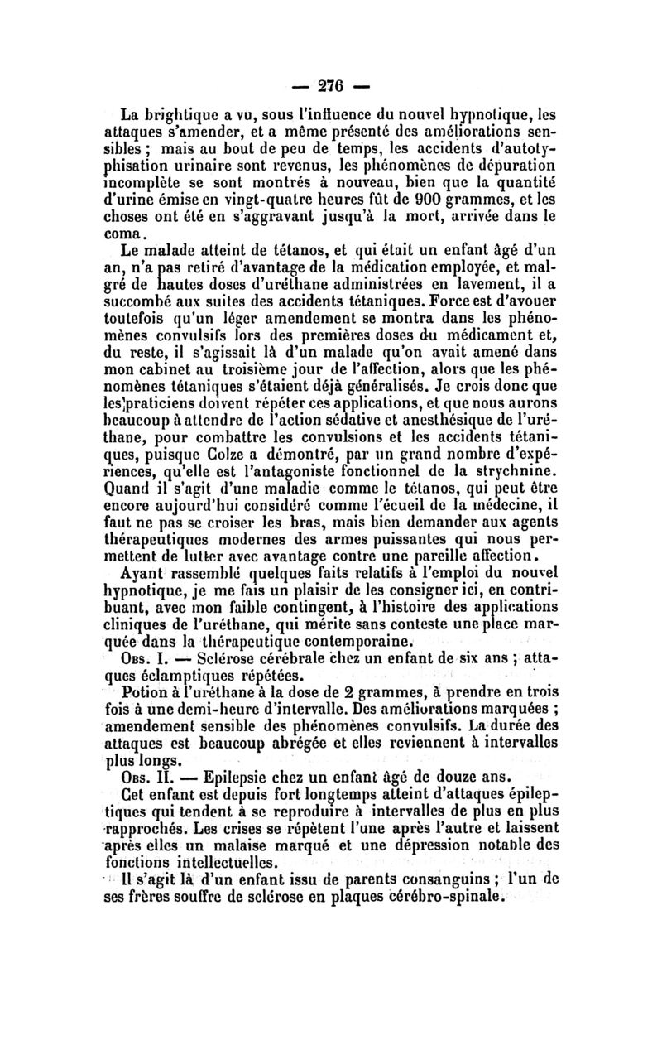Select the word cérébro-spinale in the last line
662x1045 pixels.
click(448, 897)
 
